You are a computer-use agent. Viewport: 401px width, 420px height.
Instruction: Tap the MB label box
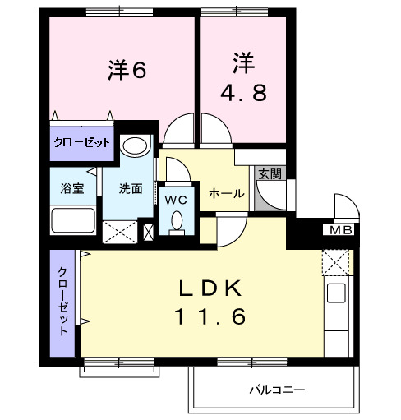[x=339, y=229]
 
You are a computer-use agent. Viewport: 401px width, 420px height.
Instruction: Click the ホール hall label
[x=226, y=193]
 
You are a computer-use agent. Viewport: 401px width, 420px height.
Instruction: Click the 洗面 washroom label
[x=131, y=188]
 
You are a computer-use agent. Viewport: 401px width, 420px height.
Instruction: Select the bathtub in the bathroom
[x=74, y=222]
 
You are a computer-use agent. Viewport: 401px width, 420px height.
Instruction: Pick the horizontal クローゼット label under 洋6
[x=81, y=142]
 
